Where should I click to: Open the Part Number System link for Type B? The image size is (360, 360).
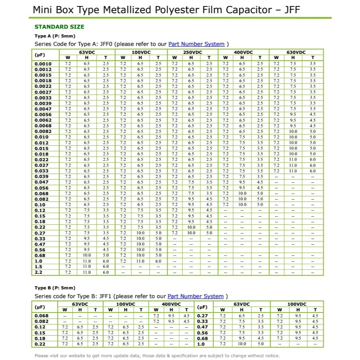click(196, 296)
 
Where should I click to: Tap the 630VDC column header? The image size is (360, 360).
click(296, 52)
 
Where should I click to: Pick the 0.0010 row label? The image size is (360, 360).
click(43, 64)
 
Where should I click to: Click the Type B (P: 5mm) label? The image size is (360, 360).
click(55, 288)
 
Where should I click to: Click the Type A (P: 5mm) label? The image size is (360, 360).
click(55, 36)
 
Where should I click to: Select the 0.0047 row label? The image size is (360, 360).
click(43, 109)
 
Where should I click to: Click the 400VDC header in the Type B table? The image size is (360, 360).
click(171, 304)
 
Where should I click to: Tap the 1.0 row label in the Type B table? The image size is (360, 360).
click(201, 344)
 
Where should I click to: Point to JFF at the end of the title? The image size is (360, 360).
click(291, 10)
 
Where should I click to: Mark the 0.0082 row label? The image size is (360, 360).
click(43, 131)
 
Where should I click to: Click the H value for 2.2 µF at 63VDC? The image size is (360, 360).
click(87, 272)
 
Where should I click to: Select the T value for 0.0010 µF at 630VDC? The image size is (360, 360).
click(313, 64)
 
